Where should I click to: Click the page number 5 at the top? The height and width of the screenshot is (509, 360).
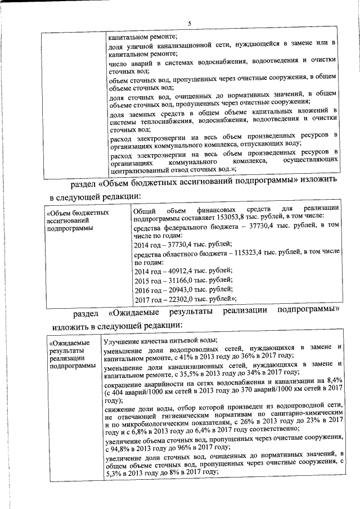coord(189,24)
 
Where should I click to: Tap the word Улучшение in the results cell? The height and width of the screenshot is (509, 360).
coord(123,340)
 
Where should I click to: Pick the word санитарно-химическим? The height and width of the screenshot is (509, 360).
coord(305,412)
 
